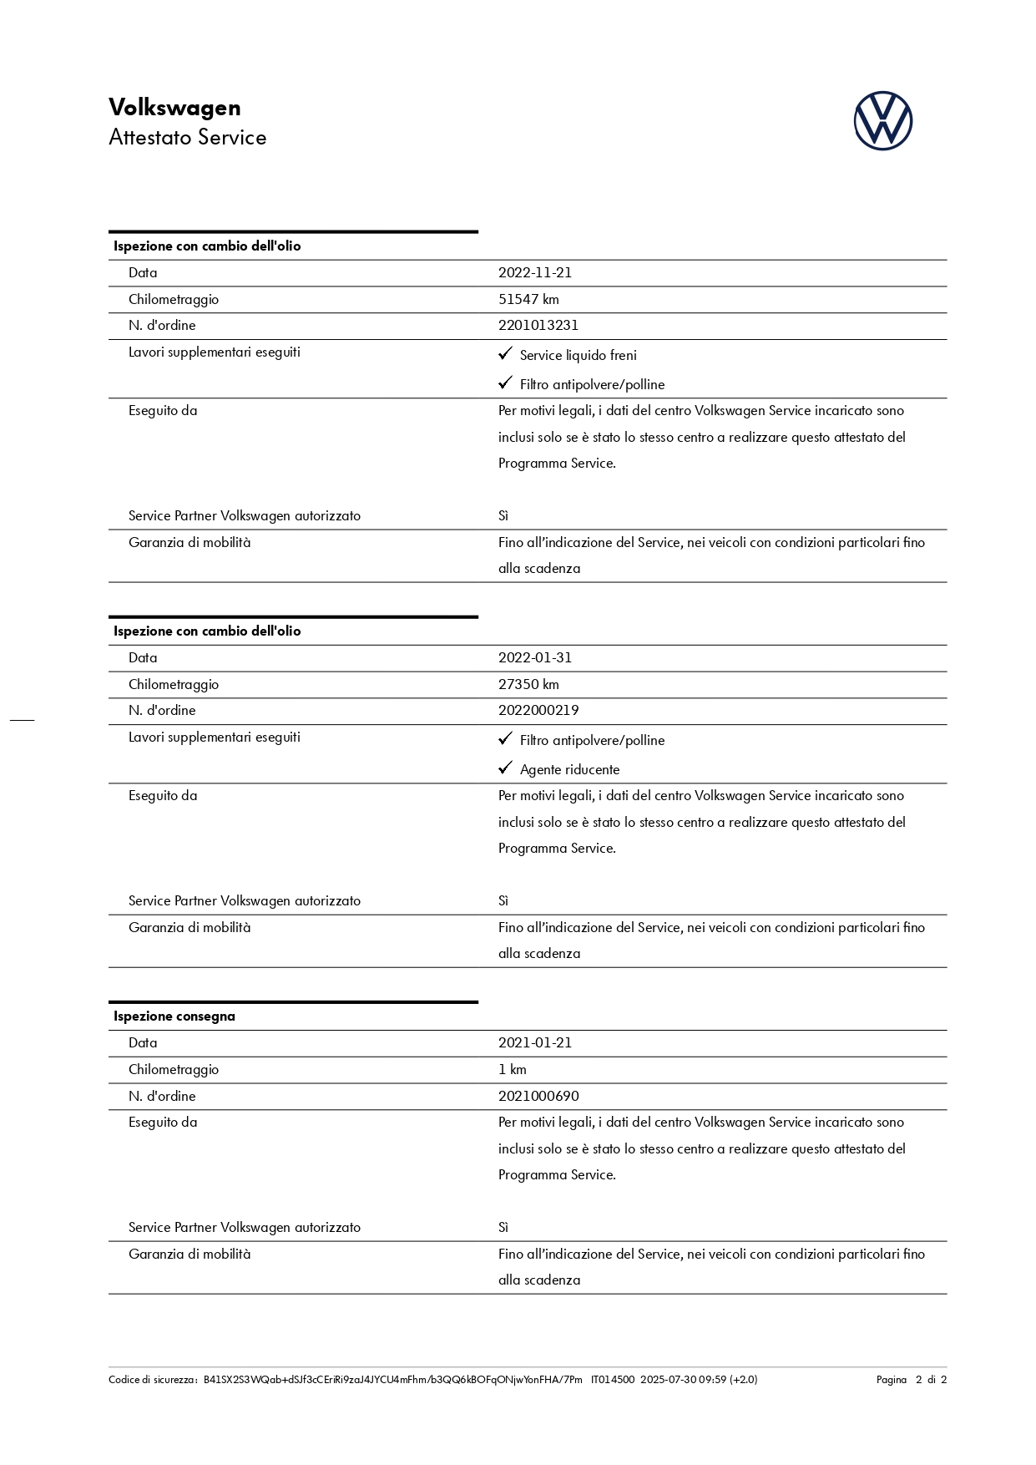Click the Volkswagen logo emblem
882,121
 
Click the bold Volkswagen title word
174,108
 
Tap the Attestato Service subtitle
187,138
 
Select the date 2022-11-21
534,272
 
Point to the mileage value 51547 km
528,299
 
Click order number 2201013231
538,325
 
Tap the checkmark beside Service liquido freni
505,354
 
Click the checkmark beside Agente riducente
505,768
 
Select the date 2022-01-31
534,657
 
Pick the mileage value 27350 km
528,684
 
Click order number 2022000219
538,710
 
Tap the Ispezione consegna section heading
174,1016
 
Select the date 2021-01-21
534,1042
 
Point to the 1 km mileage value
512,1069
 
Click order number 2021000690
538,1096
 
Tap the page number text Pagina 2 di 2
911,1380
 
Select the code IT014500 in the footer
613,1380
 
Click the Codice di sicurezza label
152,1380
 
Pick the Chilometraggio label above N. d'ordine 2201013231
174,299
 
